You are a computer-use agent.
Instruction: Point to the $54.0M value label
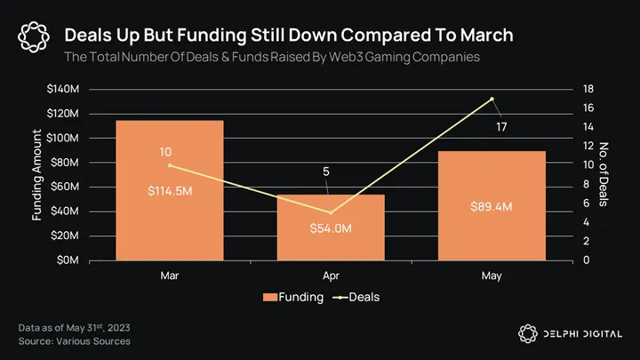point(331,228)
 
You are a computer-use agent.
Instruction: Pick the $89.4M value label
point(492,206)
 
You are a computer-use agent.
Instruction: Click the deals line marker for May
point(492,99)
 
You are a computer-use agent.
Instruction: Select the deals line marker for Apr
point(331,212)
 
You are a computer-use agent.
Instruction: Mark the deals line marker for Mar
point(170,165)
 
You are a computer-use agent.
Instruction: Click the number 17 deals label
point(502,127)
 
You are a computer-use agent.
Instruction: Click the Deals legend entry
point(356,297)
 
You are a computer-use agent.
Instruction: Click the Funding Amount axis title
point(37,174)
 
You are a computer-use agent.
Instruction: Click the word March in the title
point(481,35)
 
